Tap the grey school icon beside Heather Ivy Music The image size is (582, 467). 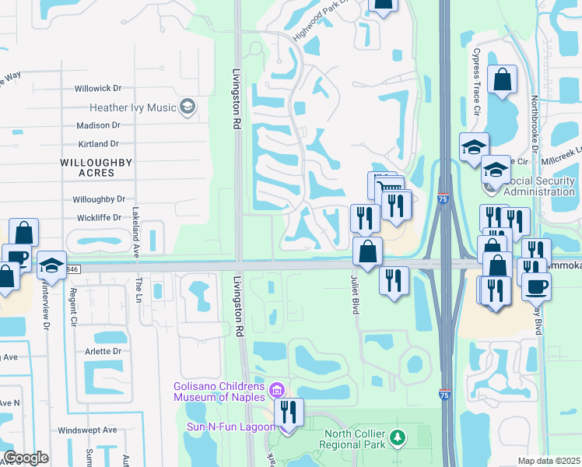coord(187,107)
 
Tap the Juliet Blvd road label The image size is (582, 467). coord(355,294)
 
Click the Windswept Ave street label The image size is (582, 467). coord(87,430)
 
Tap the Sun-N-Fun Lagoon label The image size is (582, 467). coord(230,427)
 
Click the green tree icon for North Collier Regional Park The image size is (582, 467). coord(398,438)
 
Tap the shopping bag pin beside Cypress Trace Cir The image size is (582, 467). coord(503,79)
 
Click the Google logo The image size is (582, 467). coord(26,458)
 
